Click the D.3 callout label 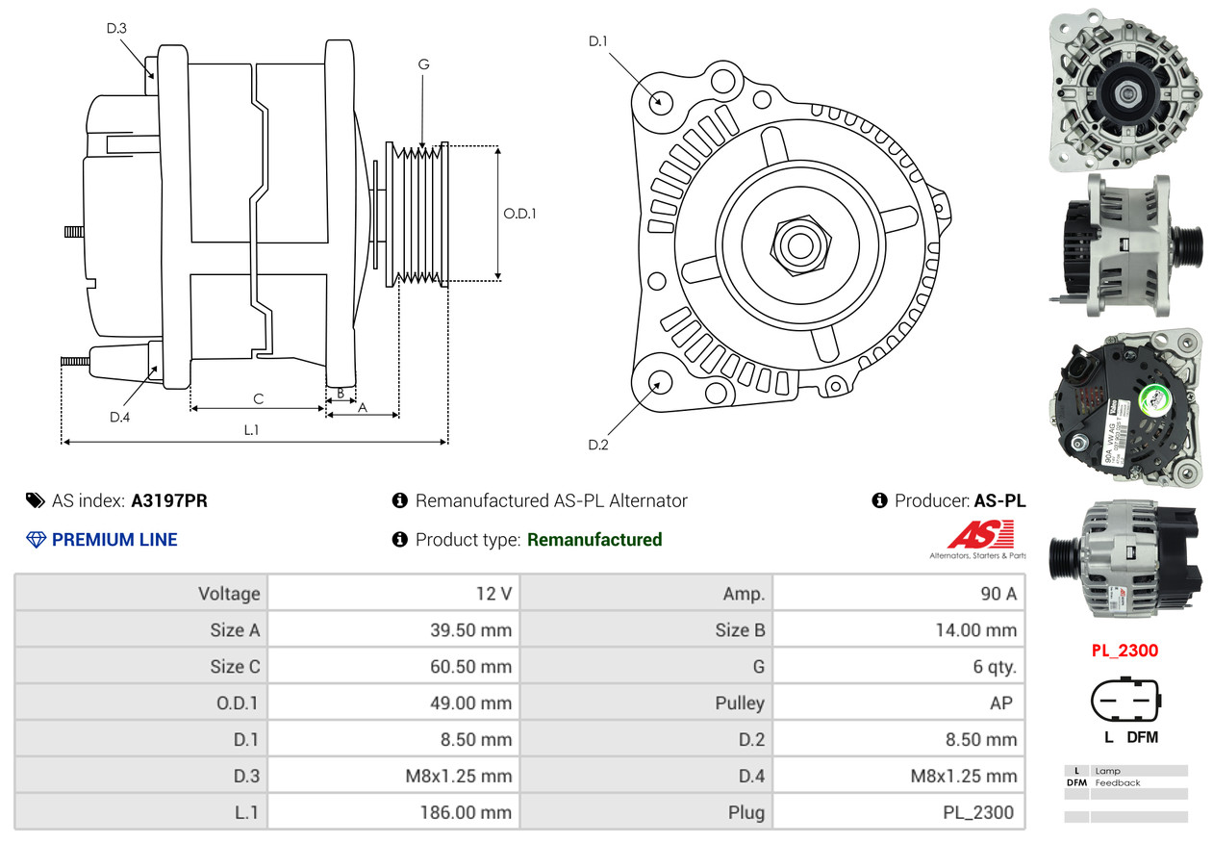click(x=116, y=28)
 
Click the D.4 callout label click(x=119, y=417)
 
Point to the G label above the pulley click(x=423, y=64)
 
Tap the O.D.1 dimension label click(x=519, y=214)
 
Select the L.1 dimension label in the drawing click(x=250, y=430)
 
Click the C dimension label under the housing click(x=258, y=398)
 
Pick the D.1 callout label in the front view click(x=598, y=40)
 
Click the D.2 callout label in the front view click(x=598, y=445)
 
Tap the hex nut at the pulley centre click(x=798, y=243)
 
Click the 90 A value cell click(x=998, y=594)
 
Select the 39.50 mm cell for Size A click(x=470, y=630)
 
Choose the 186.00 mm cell click(x=466, y=812)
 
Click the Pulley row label click(x=740, y=703)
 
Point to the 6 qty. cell click(x=995, y=667)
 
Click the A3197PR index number click(x=169, y=500)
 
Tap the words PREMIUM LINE click(x=114, y=540)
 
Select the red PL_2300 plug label click(x=1125, y=651)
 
